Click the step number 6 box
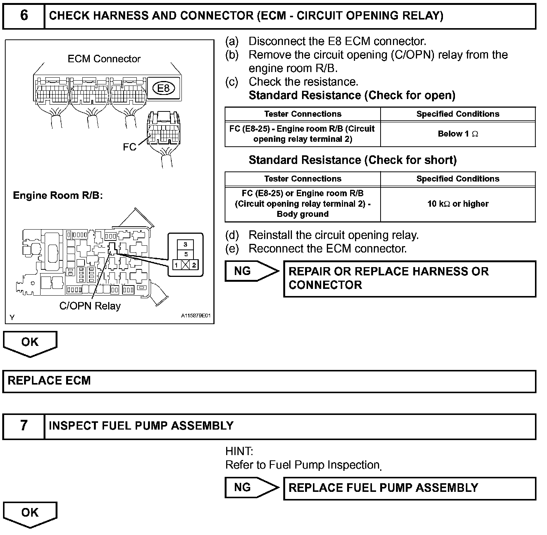click(x=24, y=15)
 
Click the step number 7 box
click(x=24, y=426)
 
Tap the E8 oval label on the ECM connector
click(x=163, y=89)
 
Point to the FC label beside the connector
click(x=130, y=147)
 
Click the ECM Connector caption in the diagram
click(x=104, y=59)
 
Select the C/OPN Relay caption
click(x=90, y=306)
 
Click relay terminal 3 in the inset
click(x=185, y=245)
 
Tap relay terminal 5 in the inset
click(x=185, y=254)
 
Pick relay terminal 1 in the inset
click(x=176, y=265)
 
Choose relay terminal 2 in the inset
click(x=194, y=265)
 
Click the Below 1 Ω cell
click(x=458, y=134)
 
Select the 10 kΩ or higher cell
click(x=458, y=204)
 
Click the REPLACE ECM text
click(x=49, y=381)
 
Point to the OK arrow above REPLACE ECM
click(x=30, y=343)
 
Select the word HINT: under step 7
click(x=239, y=451)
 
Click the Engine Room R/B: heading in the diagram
click(x=58, y=195)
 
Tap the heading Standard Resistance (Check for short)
click(x=352, y=161)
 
